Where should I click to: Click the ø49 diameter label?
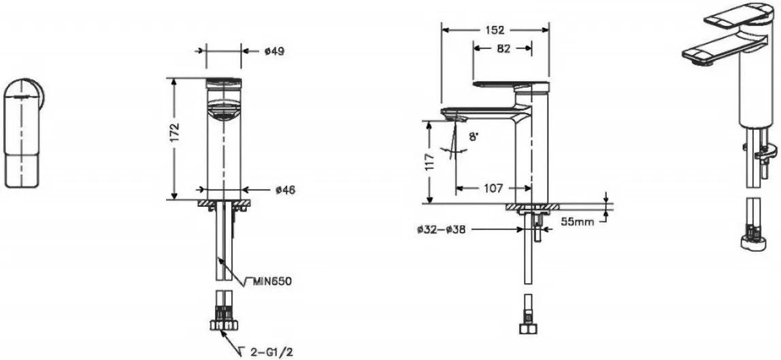point(274,51)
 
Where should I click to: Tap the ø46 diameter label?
point(286,190)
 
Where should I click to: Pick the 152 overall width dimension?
point(495,30)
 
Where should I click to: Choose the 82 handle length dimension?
point(503,48)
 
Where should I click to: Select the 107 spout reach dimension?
point(493,189)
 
